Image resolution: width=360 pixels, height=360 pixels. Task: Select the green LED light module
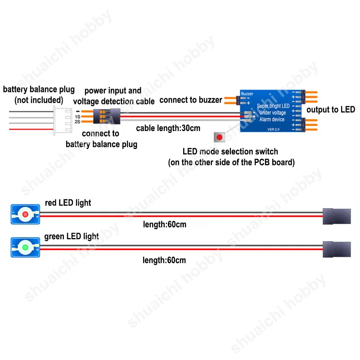point(26,247)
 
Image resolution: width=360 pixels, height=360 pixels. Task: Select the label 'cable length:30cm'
point(168,128)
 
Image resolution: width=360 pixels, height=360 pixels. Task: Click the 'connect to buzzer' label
point(191,99)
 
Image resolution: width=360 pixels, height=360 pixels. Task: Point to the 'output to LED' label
point(331,109)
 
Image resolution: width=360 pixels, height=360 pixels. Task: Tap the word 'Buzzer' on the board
point(247,94)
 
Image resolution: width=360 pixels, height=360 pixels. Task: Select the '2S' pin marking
point(78,122)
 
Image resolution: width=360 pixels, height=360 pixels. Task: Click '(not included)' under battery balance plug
point(39,99)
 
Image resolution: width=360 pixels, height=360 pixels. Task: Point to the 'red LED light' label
point(68,203)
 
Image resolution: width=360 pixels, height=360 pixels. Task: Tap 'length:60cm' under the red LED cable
point(164,225)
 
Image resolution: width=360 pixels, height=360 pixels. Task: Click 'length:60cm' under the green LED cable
point(164,260)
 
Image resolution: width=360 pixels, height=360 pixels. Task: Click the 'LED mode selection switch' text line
point(230,152)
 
